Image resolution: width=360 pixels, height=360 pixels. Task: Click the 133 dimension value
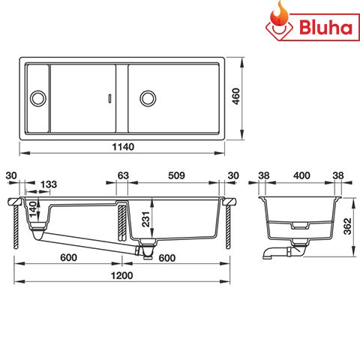pyautogui.click(x=49, y=184)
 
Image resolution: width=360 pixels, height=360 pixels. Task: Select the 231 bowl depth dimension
pyautogui.click(x=148, y=219)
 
